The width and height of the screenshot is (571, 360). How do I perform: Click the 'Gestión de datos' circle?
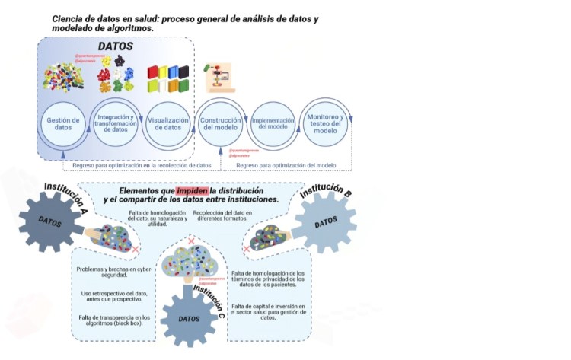coord(59,124)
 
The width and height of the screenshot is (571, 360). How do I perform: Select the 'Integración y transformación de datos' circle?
coord(115,124)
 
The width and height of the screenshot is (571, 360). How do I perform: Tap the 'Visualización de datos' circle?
coord(167,124)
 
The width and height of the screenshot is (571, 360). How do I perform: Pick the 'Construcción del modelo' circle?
coord(221,124)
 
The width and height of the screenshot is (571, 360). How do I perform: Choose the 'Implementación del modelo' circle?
coord(273,124)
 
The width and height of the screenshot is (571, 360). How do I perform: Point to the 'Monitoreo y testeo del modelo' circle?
coord(325,124)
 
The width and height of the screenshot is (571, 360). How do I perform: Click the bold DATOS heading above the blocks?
coord(116,47)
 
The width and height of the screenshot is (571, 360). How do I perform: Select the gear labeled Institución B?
coord(325,223)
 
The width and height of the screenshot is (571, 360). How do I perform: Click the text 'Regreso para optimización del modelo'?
coord(285,165)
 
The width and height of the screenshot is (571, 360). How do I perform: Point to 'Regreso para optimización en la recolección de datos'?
coord(142,165)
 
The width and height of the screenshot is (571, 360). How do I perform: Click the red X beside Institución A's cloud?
coord(135,250)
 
